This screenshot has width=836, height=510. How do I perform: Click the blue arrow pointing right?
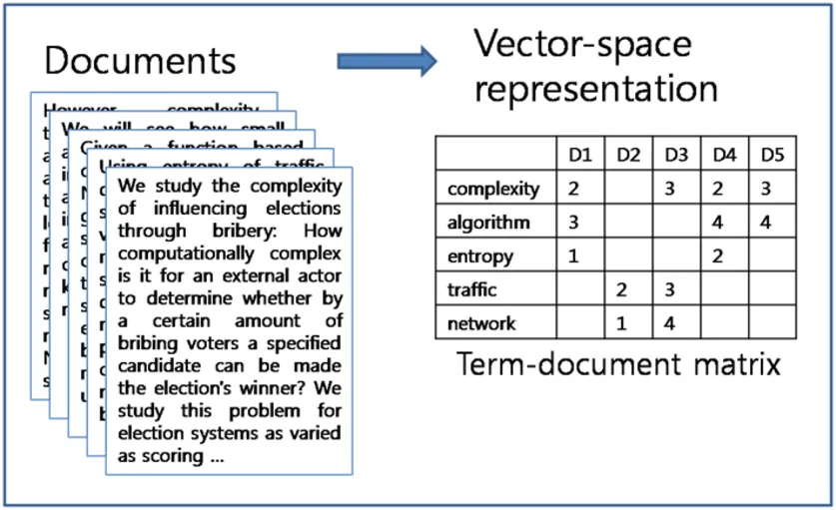386,62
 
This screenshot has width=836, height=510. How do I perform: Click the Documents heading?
140,61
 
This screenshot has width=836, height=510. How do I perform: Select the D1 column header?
579,155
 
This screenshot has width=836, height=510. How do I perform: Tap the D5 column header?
771,155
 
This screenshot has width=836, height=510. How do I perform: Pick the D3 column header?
675,155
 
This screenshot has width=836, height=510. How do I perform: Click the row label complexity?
493,189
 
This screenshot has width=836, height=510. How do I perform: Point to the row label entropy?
480,256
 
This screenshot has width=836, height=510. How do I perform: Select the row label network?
482,323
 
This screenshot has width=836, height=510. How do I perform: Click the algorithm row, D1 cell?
574,223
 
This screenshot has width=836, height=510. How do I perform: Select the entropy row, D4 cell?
718,256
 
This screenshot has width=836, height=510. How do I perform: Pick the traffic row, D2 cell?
622,290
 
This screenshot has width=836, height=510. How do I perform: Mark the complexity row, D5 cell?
766,189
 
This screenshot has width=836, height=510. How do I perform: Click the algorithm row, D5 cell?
766,223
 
